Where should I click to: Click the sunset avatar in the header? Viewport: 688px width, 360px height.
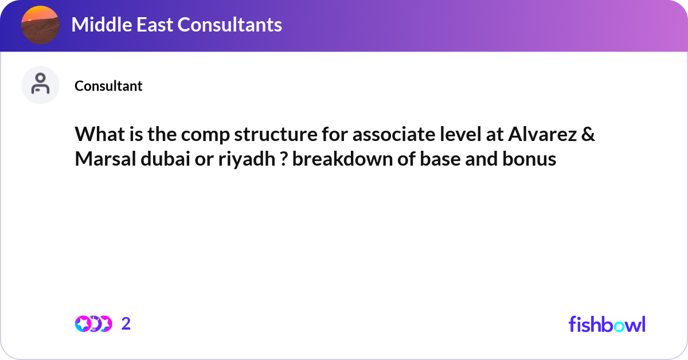(x=40, y=25)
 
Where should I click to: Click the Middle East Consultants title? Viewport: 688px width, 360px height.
(x=177, y=25)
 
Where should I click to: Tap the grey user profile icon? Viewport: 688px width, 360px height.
(x=40, y=85)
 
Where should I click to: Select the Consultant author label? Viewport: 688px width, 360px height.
(x=108, y=86)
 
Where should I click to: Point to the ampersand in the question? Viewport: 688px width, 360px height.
(x=588, y=135)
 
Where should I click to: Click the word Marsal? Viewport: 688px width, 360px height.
(x=104, y=159)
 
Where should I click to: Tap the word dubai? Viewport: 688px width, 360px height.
(x=162, y=159)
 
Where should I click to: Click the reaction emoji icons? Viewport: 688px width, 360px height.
(x=93, y=324)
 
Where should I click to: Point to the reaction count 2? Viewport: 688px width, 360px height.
(x=126, y=324)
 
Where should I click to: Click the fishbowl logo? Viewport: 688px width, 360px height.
(x=607, y=324)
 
